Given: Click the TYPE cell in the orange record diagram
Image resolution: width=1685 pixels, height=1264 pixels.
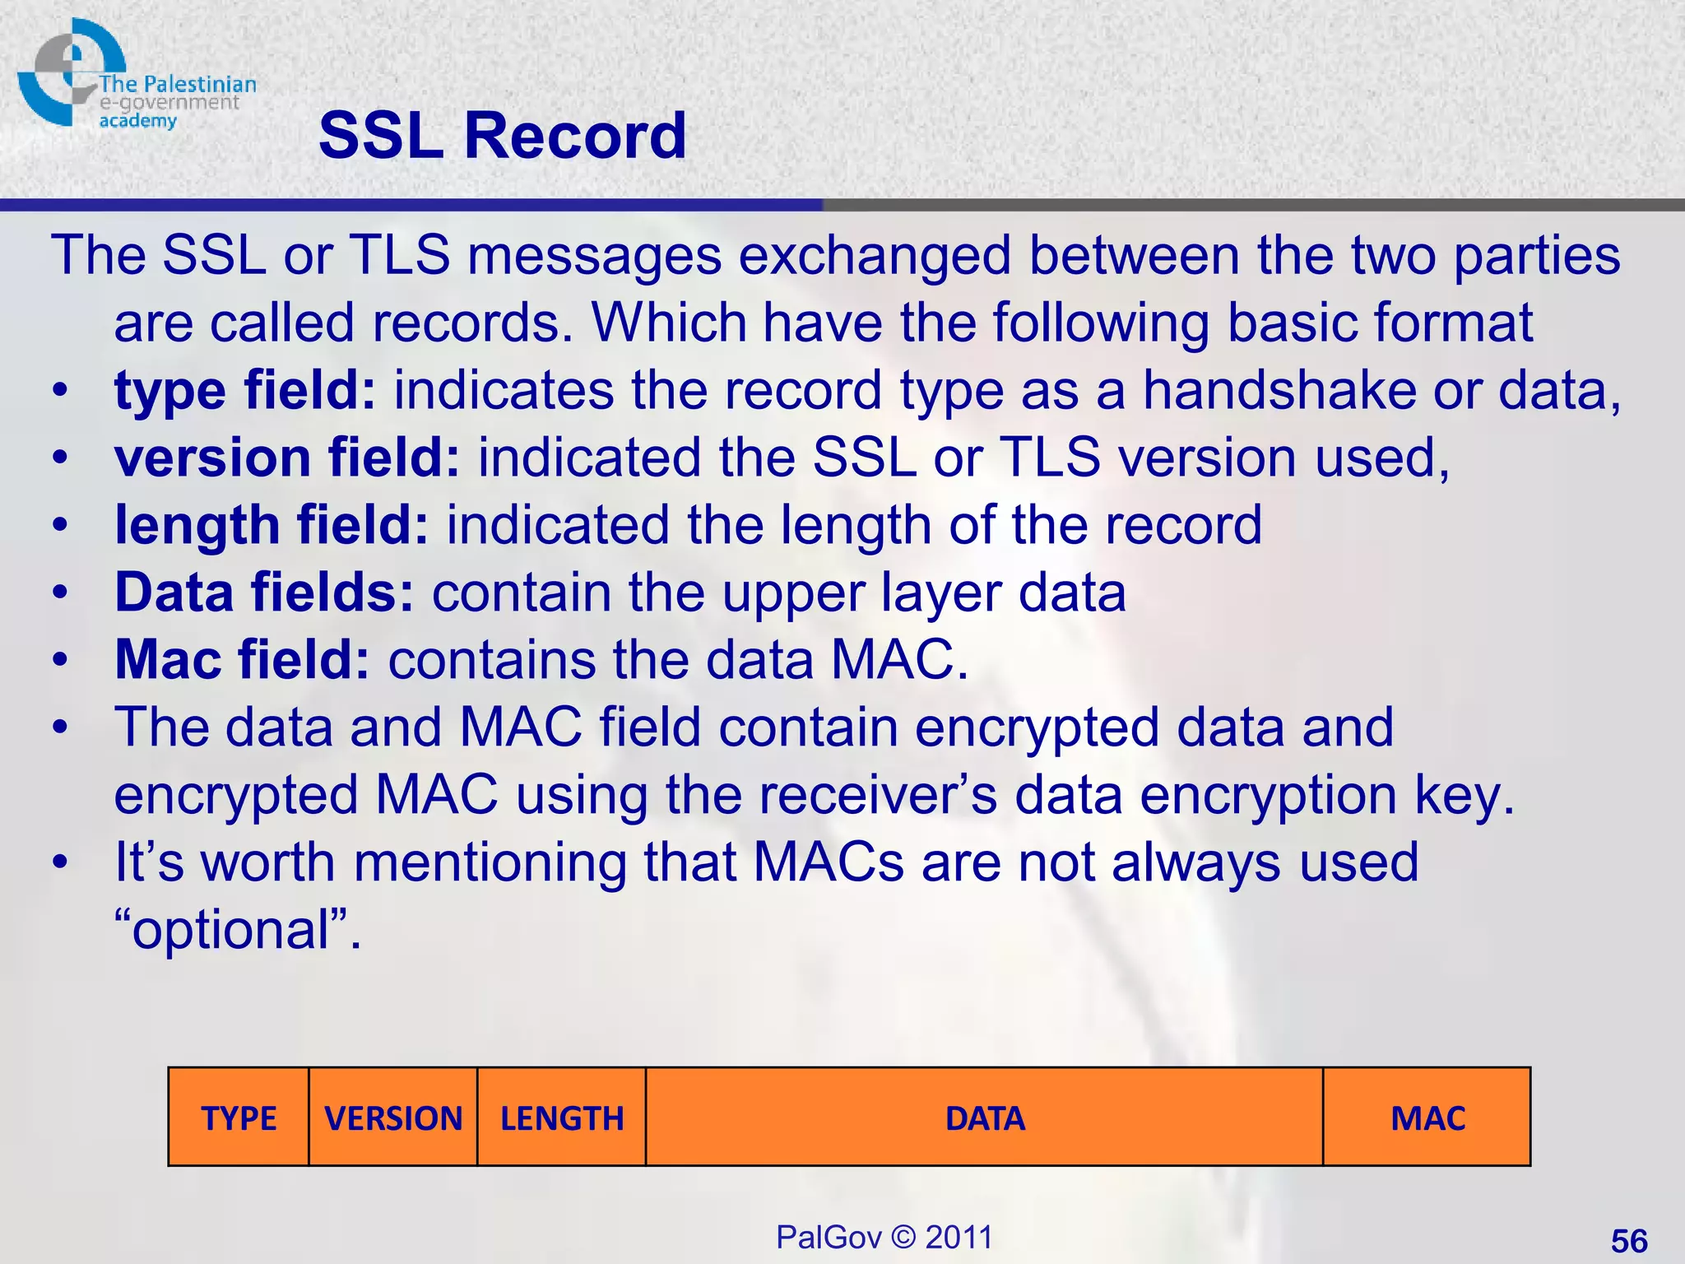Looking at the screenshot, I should (239, 1118).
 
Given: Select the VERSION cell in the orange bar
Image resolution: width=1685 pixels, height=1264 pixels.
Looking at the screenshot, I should (393, 1118).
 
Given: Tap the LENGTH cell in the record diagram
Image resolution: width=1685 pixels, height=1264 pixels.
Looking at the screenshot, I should (562, 1118).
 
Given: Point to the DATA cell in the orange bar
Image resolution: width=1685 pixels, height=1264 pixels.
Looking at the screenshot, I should (985, 1118).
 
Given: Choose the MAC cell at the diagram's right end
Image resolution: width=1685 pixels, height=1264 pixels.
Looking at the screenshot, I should (1427, 1118).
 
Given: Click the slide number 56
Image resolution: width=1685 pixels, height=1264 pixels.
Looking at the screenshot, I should (1629, 1240).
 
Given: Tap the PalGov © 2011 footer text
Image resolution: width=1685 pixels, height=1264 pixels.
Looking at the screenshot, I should (884, 1237).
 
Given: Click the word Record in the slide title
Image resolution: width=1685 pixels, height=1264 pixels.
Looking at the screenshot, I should (575, 136).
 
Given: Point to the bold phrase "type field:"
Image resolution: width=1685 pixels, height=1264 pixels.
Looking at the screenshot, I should (245, 390).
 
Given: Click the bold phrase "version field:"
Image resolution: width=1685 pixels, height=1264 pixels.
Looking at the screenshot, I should (287, 458).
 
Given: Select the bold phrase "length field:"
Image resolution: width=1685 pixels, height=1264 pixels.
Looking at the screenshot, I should (272, 525).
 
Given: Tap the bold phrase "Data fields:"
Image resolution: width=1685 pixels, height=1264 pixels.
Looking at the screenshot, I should (264, 592).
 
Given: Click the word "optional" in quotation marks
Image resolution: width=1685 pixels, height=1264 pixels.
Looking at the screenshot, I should (231, 931).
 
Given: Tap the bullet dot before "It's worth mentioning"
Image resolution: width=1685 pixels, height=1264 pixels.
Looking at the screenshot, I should (59, 863).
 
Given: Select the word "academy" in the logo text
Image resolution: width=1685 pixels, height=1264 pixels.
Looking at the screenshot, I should (137, 121).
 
